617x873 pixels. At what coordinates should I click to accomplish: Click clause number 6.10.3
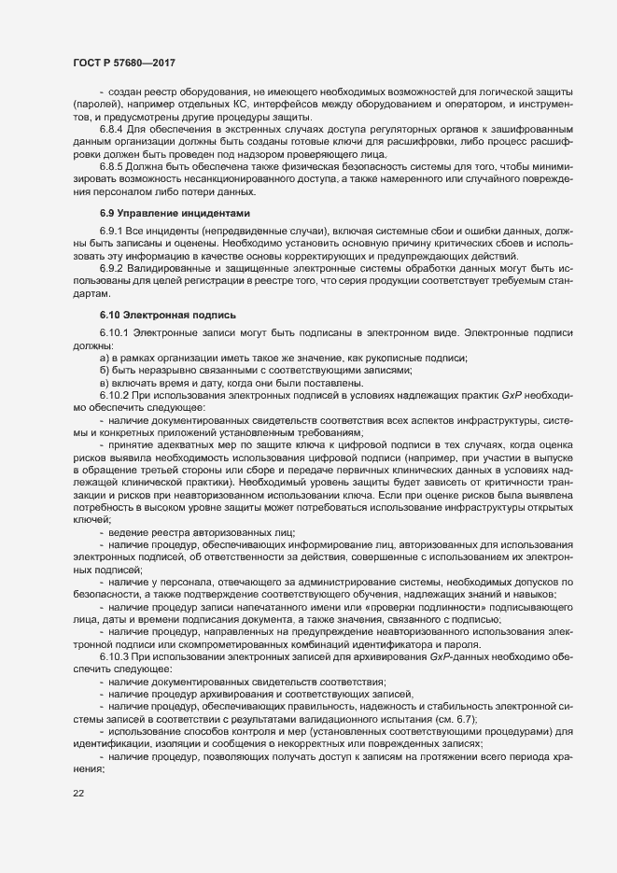click(x=117, y=647)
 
